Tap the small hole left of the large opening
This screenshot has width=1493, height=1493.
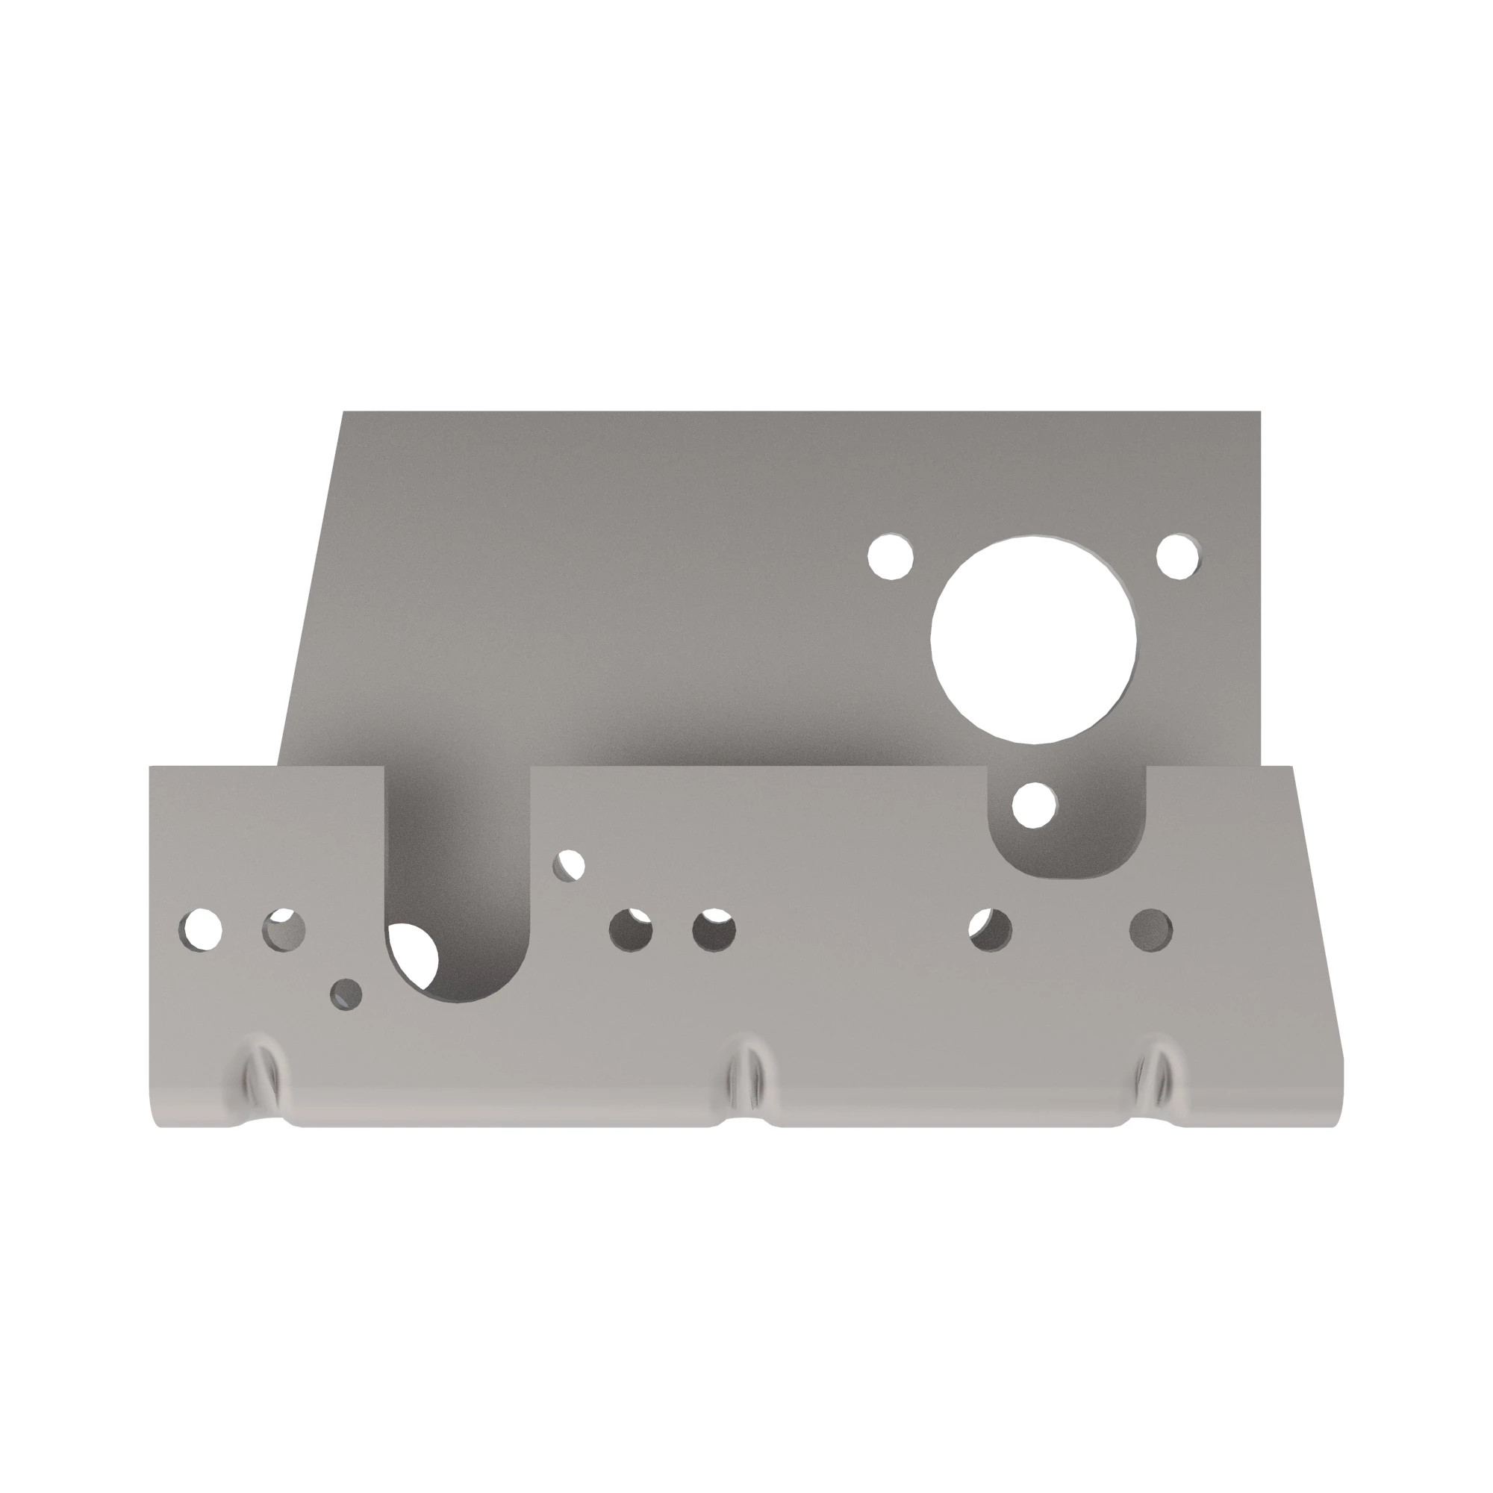891,555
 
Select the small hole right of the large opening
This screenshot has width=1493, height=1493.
1178,555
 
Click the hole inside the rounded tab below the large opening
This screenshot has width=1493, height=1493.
1034,804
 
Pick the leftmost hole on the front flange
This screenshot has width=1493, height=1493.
201,929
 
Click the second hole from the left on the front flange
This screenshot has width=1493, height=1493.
284,929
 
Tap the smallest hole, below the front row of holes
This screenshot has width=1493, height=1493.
346,994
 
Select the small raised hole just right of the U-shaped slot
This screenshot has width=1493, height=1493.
569,864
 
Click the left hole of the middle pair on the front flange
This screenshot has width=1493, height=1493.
631,929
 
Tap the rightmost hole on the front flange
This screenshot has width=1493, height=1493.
1150,929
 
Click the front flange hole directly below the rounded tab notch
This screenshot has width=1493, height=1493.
991,929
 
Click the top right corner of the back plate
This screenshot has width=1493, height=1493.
1258,414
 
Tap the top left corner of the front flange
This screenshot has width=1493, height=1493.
152,768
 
